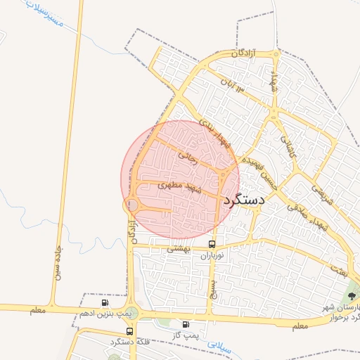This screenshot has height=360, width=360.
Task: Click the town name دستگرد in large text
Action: click(243, 200)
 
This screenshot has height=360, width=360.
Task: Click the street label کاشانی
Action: click(289, 146)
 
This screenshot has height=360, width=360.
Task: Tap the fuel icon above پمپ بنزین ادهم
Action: click(105, 302)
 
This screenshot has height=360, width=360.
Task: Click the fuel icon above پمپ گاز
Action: click(186, 324)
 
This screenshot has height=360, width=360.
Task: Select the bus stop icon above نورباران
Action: click(212, 244)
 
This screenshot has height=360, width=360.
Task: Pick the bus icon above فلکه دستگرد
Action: click(129, 330)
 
